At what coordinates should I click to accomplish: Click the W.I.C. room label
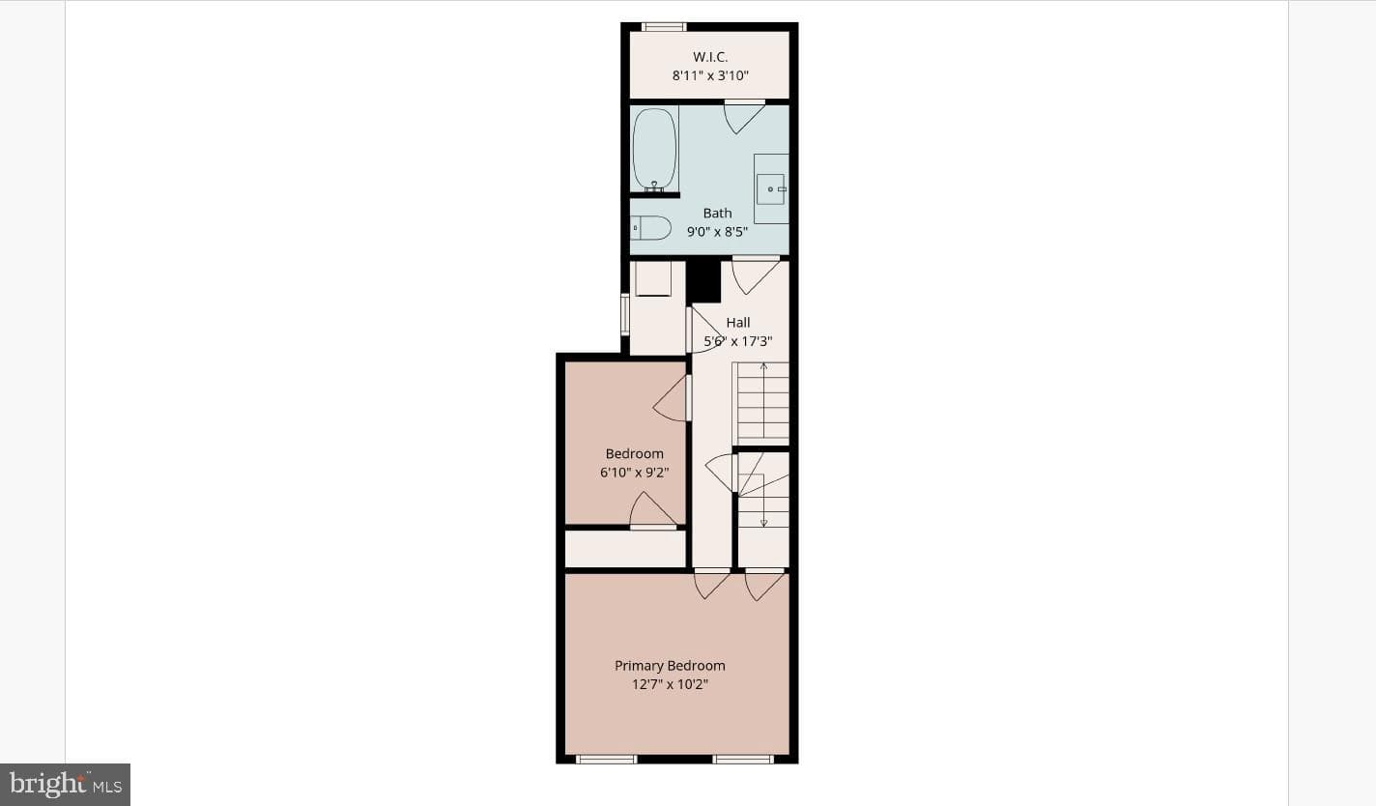pos(710,57)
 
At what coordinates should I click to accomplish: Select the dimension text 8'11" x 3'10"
pos(710,75)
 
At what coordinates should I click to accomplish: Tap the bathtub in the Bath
pos(655,149)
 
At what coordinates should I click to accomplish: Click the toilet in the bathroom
pos(651,228)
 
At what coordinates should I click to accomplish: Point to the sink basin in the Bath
pos(771,188)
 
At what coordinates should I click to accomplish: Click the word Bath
pos(718,214)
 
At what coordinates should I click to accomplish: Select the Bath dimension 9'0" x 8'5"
pos(718,232)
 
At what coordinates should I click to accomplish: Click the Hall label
pos(737,323)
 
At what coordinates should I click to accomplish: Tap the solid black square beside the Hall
pos(703,281)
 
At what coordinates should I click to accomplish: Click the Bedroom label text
pos(635,454)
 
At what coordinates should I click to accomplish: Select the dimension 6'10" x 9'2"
pos(635,473)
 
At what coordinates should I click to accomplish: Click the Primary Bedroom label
pos(671,666)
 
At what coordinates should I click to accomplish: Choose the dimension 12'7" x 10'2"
pos(671,684)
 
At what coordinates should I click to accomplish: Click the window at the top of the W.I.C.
pos(664,26)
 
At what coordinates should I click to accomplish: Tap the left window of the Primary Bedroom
pos(606,760)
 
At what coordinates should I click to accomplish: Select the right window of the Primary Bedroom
pos(743,760)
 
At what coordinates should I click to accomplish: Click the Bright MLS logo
pos(65,785)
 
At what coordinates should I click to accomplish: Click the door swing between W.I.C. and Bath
pos(744,117)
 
